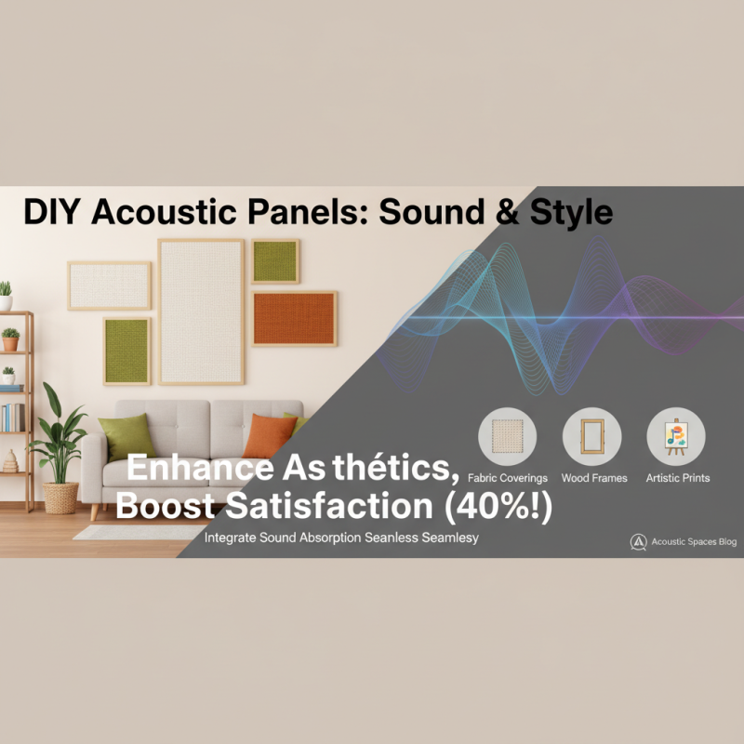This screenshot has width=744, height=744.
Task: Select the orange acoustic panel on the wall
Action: pyautogui.click(x=294, y=318)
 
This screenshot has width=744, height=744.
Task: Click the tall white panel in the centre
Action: pyautogui.click(x=201, y=311)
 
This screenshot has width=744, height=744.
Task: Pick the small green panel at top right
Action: pyautogui.click(x=275, y=261)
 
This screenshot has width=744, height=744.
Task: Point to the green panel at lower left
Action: pyautogui.click(x=126, y=351)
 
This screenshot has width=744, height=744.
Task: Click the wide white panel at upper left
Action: pyautogui.click(x=110, y=286)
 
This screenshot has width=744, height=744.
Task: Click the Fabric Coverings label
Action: pyautogui.click(x=508, y=478)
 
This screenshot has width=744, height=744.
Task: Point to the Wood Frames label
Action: pyautogui.click(x=594, y=478)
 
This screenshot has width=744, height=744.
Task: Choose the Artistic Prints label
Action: pyautogui.click(x=678, y=478)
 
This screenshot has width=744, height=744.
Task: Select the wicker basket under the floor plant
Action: pyautogui.click(x=61, y=498)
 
